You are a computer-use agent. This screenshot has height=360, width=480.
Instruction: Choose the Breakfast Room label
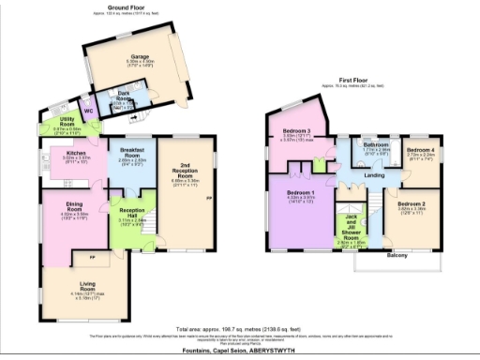point(128,153)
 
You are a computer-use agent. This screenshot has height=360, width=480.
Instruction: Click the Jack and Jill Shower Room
point(350,228)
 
